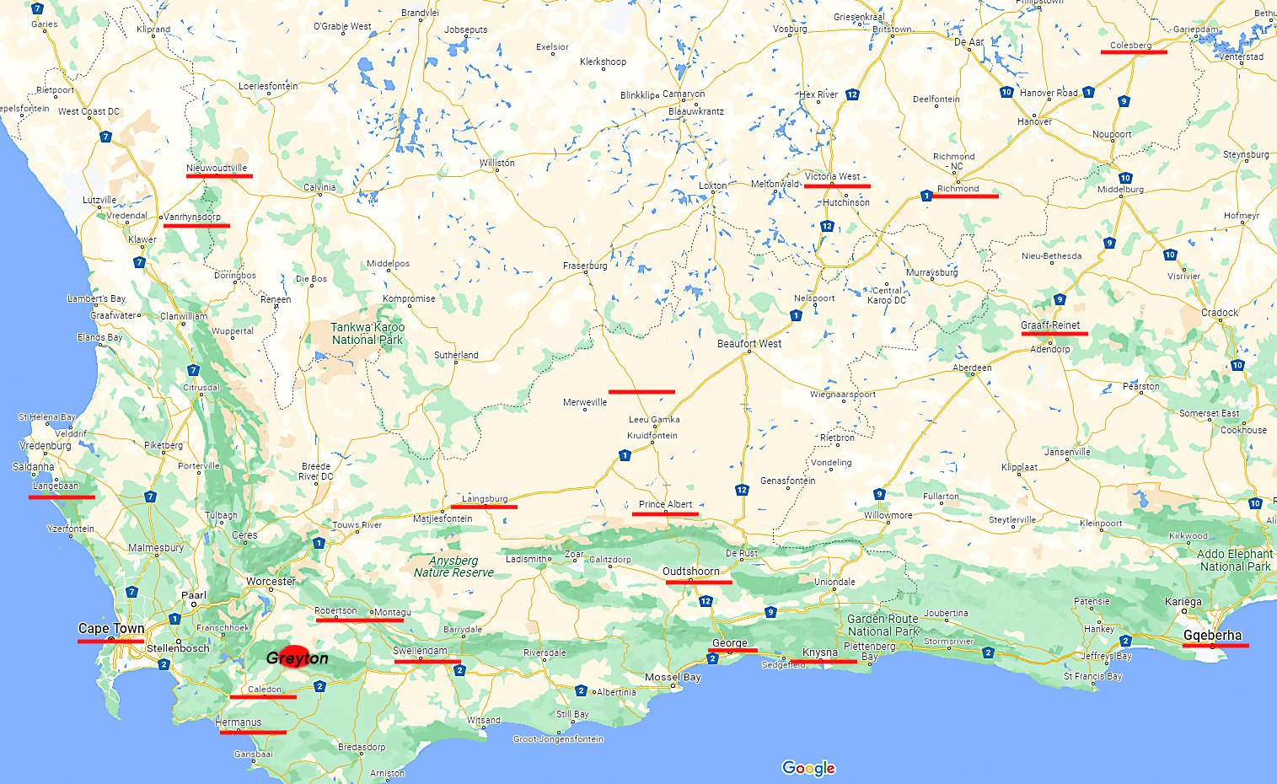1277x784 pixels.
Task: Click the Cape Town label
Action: [111, 629]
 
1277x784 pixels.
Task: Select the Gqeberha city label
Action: [1212, 636]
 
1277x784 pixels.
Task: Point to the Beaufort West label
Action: [749, 344]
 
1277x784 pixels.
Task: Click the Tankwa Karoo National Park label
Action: [368, 334]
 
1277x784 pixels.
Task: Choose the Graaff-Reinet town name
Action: [1050, 325]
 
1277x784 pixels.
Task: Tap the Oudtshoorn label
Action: [691, 572]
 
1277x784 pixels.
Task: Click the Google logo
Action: [808, 768]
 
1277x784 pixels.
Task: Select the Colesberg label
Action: [1130, 46]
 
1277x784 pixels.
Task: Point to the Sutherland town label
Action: [456, 356]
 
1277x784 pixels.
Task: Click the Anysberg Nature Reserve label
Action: [453, 567]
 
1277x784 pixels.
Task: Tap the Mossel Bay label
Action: [673, 678]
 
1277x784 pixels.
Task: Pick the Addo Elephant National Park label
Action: [1235, 561]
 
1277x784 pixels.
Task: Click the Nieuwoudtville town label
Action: [217, 168]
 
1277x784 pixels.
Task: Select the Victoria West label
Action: [832, 177]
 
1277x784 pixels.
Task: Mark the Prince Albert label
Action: [665, 505]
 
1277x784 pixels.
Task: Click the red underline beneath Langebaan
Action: [62, 497]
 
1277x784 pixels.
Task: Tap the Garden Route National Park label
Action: [883, 625]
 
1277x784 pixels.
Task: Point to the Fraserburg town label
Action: [585, 266]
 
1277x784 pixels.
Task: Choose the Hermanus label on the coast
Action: [239, 722]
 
